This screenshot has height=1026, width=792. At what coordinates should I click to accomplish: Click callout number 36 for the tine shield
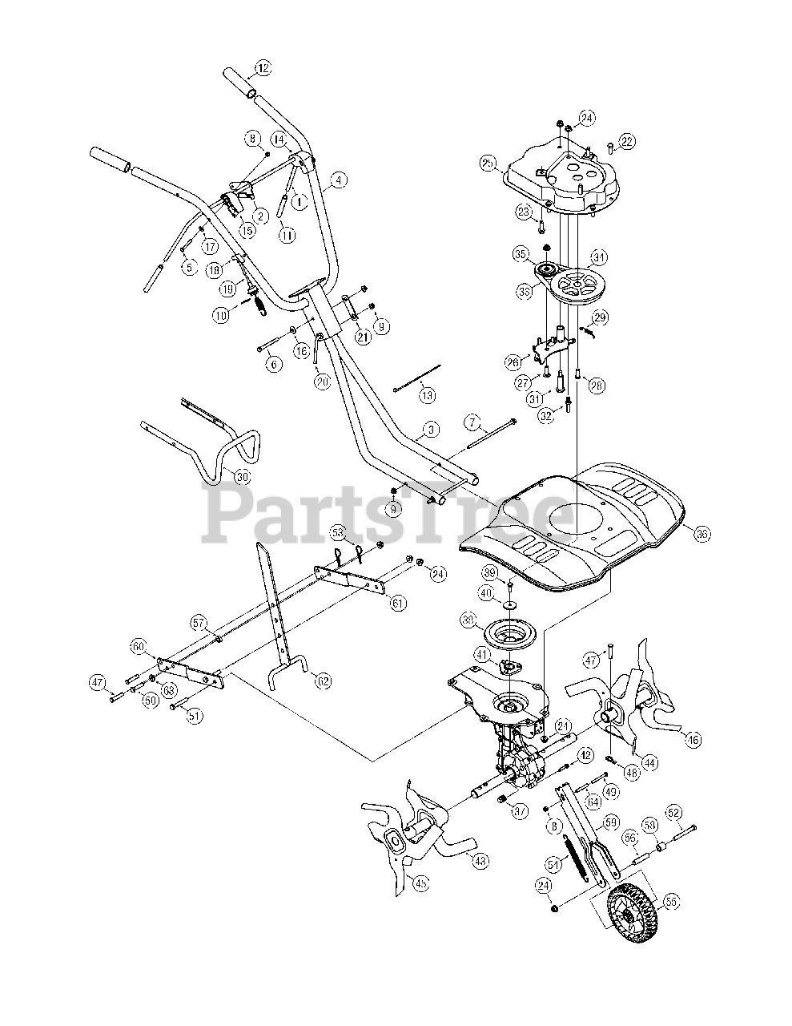click(702, 533)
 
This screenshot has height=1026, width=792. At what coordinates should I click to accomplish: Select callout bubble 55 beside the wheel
click(670, 901)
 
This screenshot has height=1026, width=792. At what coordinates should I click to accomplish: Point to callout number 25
click(486, 164)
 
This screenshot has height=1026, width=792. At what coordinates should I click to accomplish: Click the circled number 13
click(427, 394)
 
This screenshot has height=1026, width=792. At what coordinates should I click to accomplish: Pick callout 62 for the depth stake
click(323, 681)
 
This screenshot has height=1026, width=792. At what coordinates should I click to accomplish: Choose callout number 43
click(480, 861)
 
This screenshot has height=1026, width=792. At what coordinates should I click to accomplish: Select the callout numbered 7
click(472, 422)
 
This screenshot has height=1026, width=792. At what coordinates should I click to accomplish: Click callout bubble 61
click(397, 602)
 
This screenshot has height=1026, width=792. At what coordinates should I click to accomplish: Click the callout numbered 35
click(521, 255)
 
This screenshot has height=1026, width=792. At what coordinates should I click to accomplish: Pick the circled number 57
click(199, 622)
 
